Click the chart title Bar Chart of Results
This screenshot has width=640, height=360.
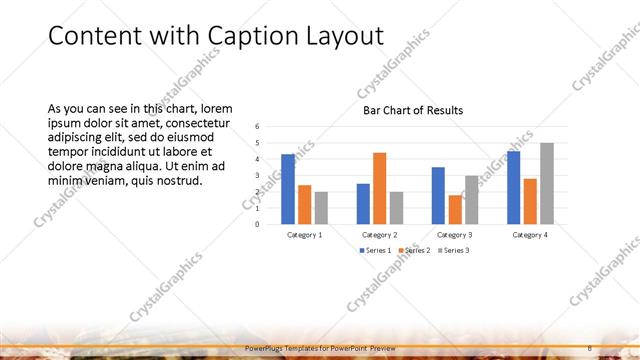(x=413, y=110)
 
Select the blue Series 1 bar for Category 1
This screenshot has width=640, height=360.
(x=288, y=189)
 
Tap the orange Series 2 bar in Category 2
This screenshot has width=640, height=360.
(x=379, y=188)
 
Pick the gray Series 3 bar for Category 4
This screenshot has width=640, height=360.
(x=546, y=183)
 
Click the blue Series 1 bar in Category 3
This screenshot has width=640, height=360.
(x=438, y=195)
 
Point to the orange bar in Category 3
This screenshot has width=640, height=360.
(x=454, y=209)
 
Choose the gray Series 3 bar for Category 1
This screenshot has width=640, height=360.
(x=320, y=207)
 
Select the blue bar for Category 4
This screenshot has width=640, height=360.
(x=513, y=187)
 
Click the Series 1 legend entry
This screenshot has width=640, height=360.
(x=377, y=250)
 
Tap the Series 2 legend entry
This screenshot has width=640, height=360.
(x=415, y=250)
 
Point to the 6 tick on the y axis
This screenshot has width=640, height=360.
(x=257, y=127)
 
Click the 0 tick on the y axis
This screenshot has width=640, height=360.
(x=257, y=224)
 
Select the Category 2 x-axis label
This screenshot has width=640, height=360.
(x=379, y=234)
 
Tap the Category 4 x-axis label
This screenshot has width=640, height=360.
(x=530, y=234)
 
